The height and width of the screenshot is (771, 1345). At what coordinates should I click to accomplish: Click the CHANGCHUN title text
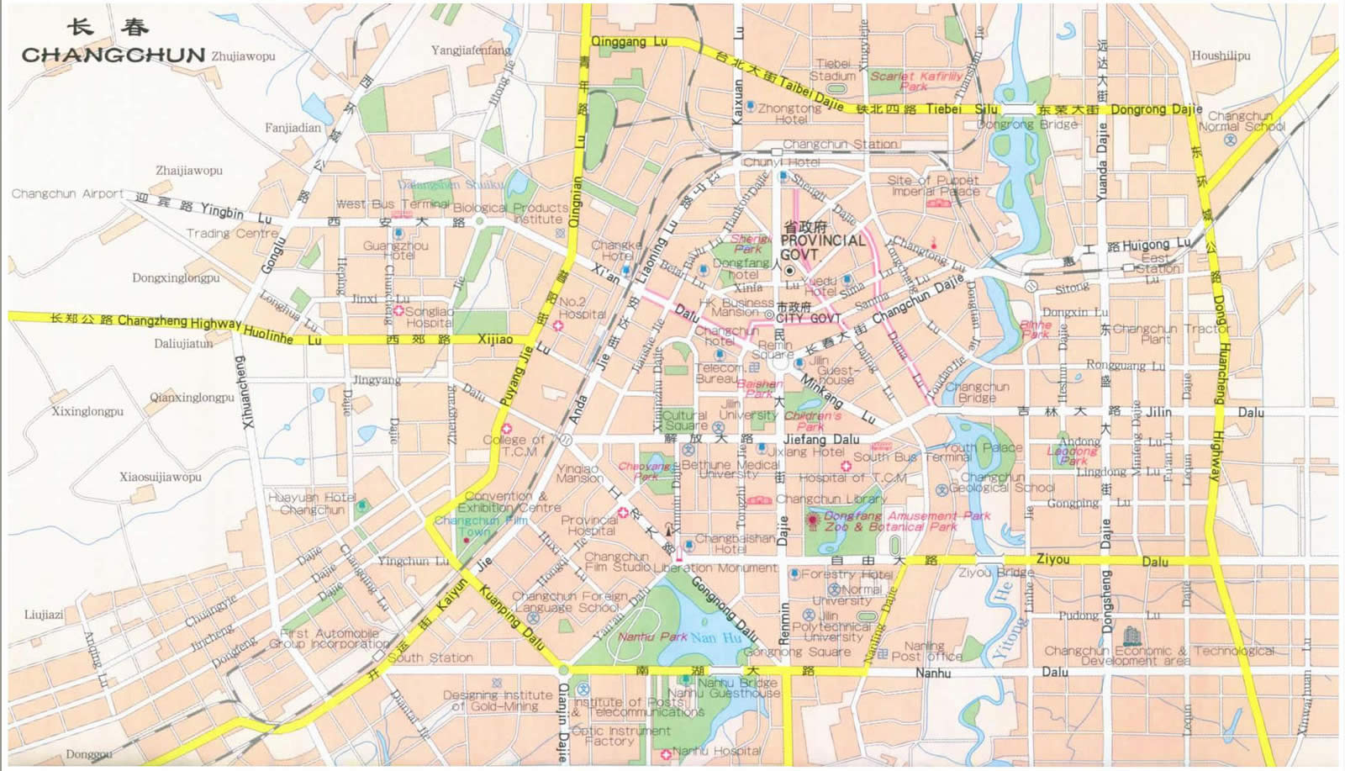click(x=113, y=55)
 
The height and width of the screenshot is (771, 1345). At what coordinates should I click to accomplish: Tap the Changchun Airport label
click(x=67, y=194)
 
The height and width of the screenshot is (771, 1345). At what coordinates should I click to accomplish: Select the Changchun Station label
click(x=840, y=145)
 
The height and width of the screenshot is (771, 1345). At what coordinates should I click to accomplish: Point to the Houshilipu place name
click(x=1220, y=56)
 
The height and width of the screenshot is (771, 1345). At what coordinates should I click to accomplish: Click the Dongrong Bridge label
click(x=1027, y=124)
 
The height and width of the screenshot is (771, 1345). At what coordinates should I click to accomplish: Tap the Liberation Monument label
click(x=715, y=568)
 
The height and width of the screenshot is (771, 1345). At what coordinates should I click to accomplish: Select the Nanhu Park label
click(x=652, y=637)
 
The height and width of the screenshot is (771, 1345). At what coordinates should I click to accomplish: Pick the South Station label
click(x=430, y=658)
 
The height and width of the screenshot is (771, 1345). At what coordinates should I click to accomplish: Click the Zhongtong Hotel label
click(x=789, y=114)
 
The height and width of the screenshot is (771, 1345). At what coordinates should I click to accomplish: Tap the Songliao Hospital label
click(x=429, y=317)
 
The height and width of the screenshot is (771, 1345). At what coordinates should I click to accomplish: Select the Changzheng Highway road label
click(x=179, y=322)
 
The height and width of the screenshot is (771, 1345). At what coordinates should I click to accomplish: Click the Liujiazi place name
click(x=44, y=615)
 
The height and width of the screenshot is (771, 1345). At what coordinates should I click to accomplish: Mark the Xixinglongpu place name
click(x=87, y=411)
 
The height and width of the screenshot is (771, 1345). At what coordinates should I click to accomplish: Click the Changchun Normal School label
click(x=1241, y=122)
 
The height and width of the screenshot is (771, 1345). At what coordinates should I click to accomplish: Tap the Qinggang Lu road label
click(x=629, y=42)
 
